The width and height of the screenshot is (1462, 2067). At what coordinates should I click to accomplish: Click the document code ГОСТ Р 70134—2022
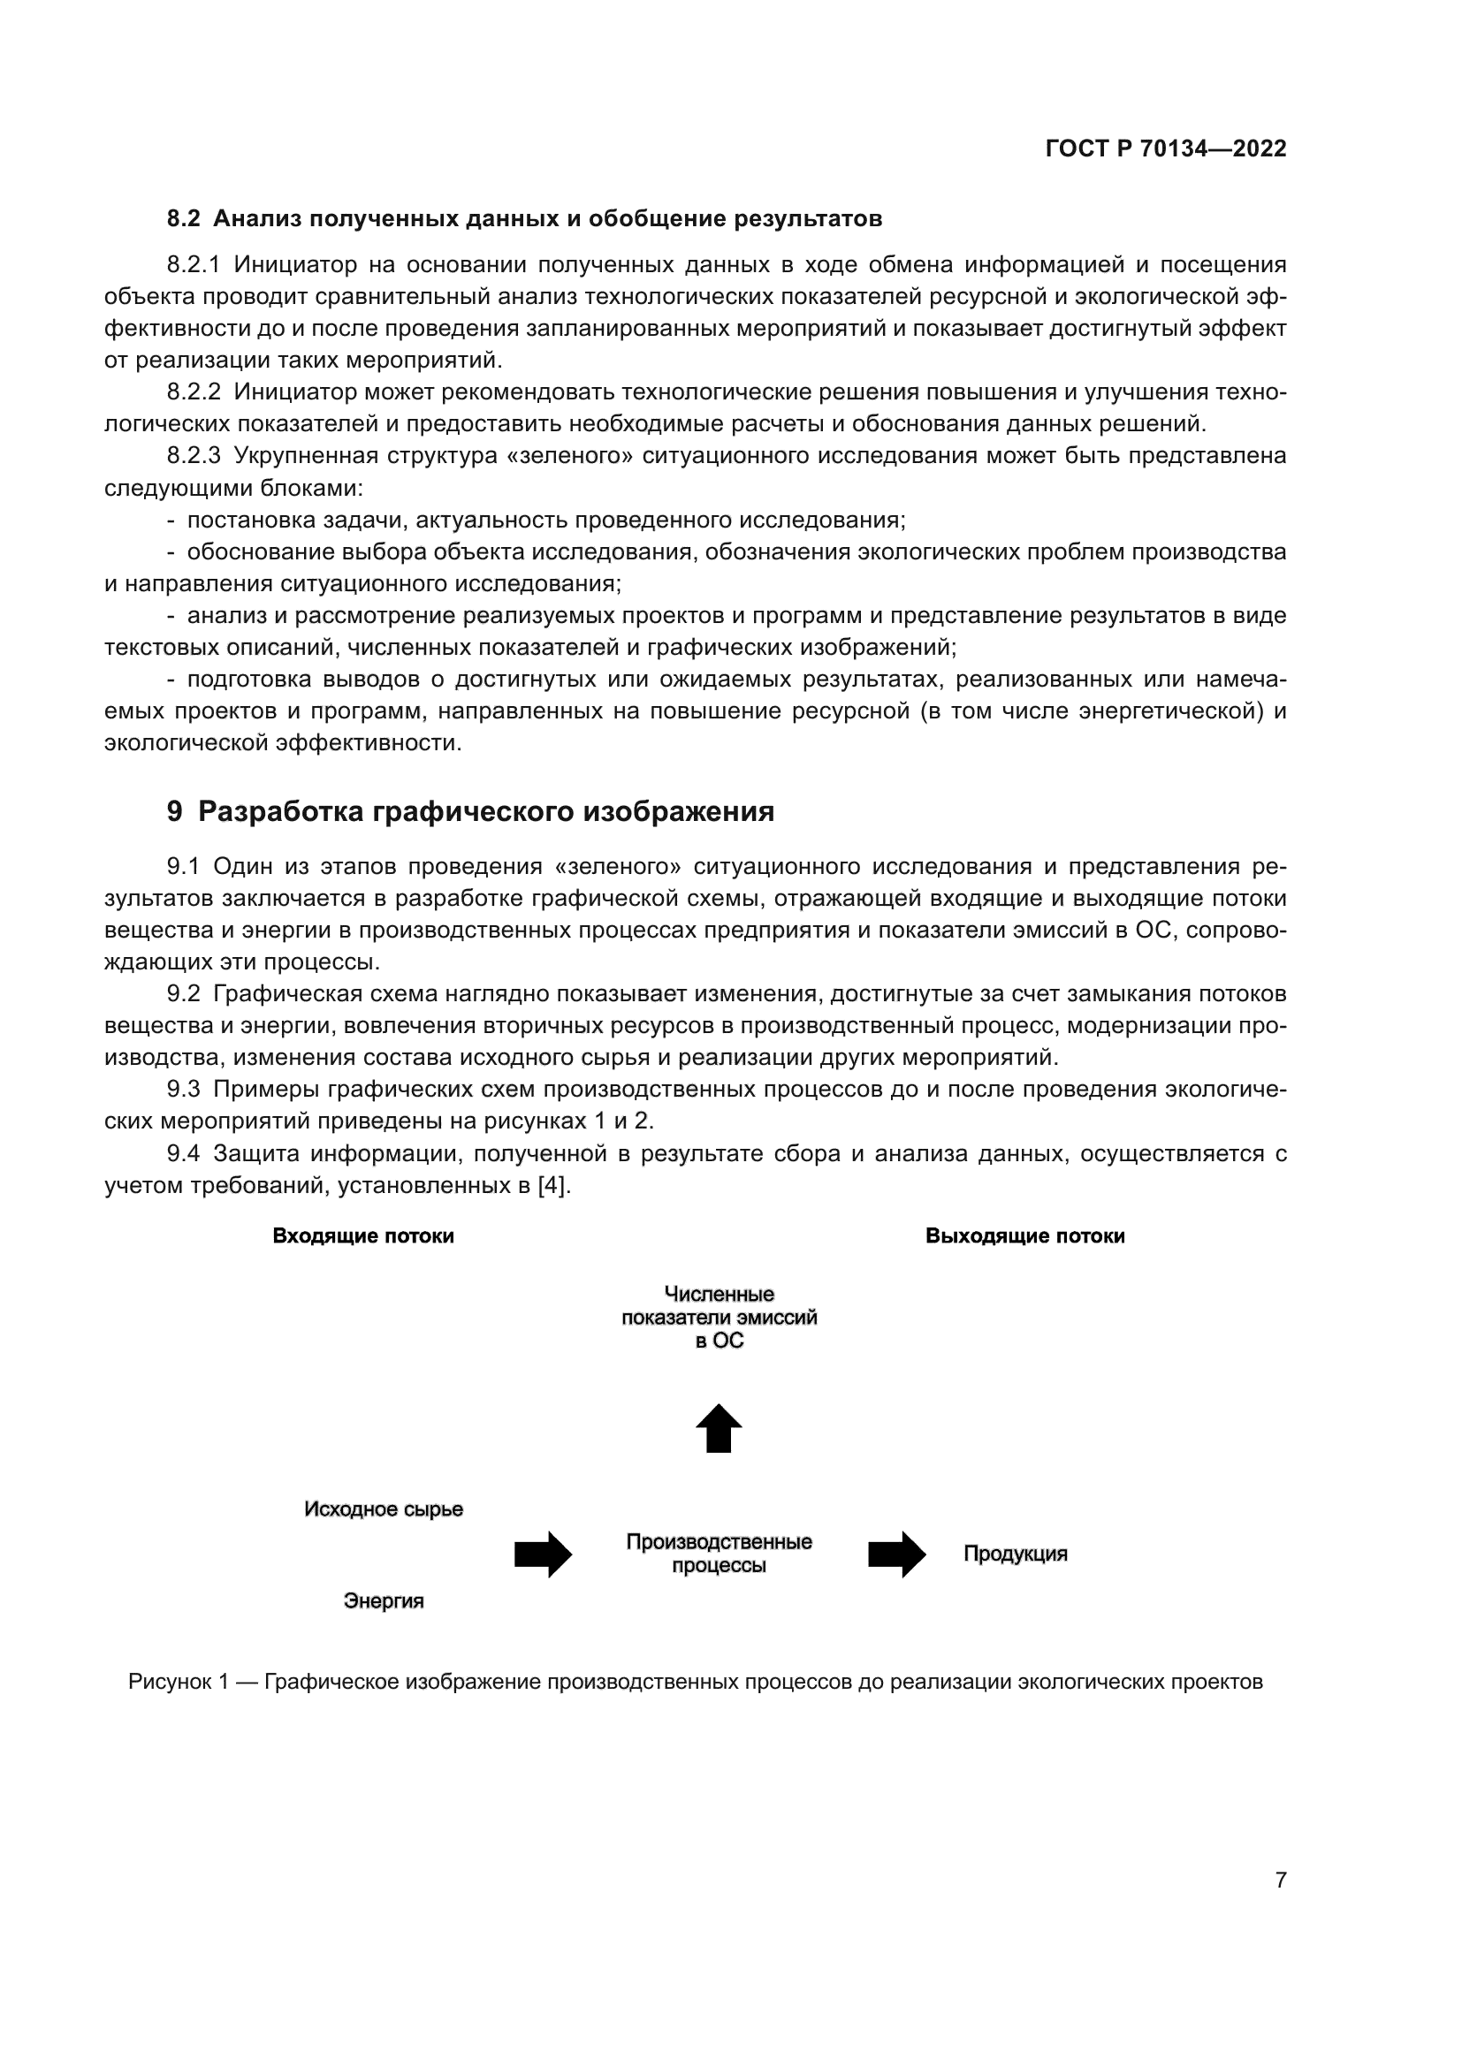pos(1165,148)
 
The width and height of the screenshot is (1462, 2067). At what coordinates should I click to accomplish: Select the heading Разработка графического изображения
pos(485,811)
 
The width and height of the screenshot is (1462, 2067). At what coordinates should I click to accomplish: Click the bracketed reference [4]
pos(552,1186)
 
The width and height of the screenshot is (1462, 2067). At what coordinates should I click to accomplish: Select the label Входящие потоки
pos(362,1236)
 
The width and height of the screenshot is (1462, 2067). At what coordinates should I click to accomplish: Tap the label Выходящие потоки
pos(1024,1236)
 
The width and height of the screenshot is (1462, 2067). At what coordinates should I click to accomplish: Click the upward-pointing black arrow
pos(719,1428)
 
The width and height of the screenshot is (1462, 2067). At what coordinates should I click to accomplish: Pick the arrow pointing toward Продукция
pos(896,1554)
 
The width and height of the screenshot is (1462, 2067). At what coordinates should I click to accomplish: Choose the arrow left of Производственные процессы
pos(543,1554)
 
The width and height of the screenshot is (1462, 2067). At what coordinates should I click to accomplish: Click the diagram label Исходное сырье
pos(384,1509)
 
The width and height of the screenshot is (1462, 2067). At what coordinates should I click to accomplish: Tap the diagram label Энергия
pos(384,1601)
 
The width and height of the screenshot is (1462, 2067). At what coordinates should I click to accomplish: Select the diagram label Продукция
pos(1016,1554)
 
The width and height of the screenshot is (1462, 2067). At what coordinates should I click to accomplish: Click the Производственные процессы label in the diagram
pos(719,1554)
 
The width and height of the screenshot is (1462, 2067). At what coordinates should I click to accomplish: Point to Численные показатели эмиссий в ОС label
pos(719,1317)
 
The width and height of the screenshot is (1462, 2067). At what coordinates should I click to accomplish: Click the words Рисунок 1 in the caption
pos(178,1682)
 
